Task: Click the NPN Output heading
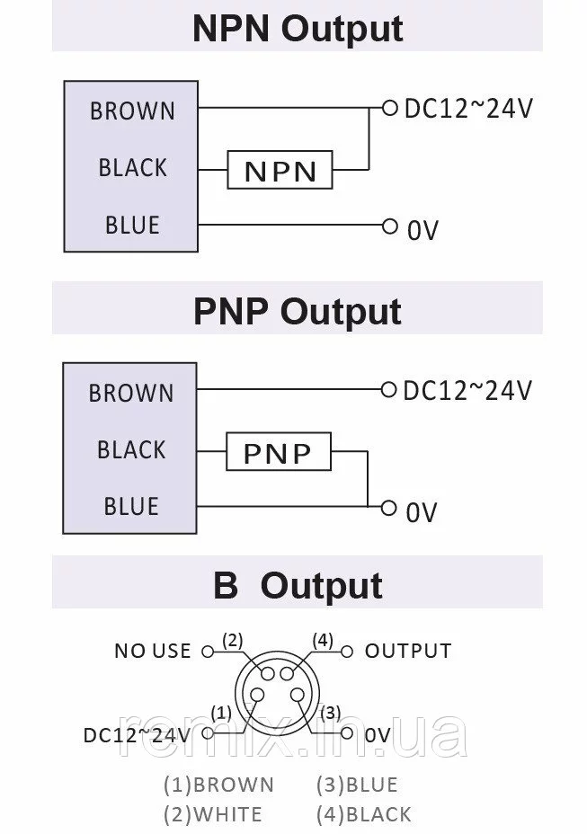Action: (x=298, y=29)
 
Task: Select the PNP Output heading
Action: (x=298, y=311)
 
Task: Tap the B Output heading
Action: (x=298, y=586)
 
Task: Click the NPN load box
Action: (x=280, y=170)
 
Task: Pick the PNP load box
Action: (x=277, y=452)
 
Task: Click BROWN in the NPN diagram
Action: (x=132, y=111)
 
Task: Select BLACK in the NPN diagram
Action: (x=132, y=168)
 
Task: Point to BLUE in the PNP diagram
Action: (x=131, y=507)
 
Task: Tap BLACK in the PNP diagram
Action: (x=131, y=449)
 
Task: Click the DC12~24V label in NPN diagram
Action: (x=468, y=109)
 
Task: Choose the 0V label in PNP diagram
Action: (x=422, y=512)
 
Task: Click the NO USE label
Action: (x=152, y=651)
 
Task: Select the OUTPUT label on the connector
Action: (x=408, y=651)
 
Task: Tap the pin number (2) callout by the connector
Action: (x=233, y=641)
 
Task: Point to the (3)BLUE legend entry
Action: (x=357, y=785)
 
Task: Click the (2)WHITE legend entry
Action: (x=213, y=815)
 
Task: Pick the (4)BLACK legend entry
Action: (x=364, y=815)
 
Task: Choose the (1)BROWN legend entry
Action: (x=218, y=785)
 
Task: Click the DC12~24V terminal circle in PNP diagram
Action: (x=388, y=389)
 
